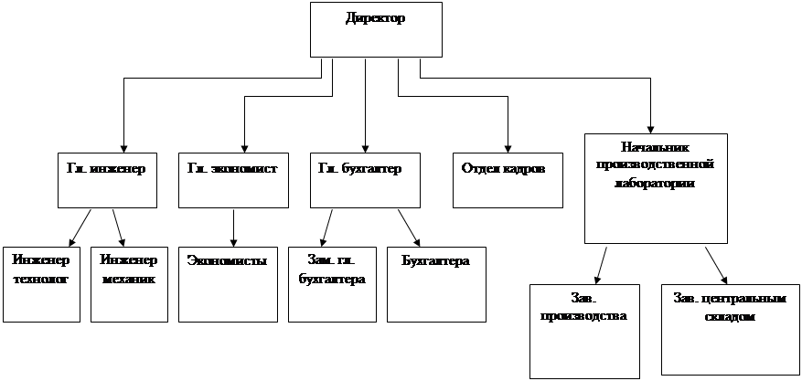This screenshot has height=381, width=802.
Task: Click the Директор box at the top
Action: coord(376,29)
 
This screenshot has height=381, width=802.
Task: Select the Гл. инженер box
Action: coord(107,180)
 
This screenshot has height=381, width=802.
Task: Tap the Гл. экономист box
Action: coord(233,180)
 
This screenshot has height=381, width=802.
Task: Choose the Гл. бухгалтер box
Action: coord(365,180)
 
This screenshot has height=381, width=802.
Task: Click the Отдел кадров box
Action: coord(508,180)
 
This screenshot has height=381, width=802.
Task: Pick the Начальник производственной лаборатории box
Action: coord(656,188)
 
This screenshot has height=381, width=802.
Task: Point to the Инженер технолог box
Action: coord(41,284)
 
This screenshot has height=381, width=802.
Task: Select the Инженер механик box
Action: coord(130,284)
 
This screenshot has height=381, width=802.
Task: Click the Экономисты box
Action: coord(228,284)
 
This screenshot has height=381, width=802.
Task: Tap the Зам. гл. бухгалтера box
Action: coord(332,284)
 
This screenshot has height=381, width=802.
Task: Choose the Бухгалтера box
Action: coord(436,284)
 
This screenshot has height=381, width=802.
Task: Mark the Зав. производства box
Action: coord(584,332)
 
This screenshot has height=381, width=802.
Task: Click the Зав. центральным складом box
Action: coord(730,330)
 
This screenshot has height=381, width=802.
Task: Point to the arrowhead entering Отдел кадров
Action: coord(508,149)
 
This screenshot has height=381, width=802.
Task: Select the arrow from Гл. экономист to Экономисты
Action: coord(233,228)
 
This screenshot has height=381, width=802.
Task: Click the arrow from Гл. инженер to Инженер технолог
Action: coord(80,228)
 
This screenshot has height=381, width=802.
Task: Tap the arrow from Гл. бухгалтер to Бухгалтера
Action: coord(409,228)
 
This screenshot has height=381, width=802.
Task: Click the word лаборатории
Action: coord(655,184)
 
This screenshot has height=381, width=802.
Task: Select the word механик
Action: coord(129,280)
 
